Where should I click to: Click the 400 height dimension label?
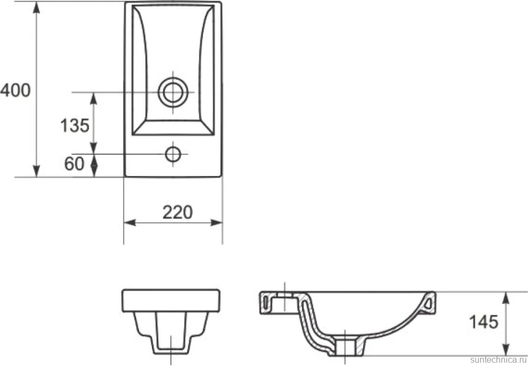click(15, 90)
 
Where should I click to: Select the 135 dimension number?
click(75, 125)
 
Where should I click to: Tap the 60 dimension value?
click(74, 164)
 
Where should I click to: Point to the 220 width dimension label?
click(177, 212)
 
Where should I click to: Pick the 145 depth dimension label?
click(483, 322)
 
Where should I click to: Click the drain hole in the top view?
click(173, 92)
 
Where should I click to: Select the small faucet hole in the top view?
click(173, 154)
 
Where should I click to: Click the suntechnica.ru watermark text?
click(499, 360)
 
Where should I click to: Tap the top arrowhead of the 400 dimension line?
click(36, 8)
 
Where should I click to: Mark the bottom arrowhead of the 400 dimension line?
click(36, 171)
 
